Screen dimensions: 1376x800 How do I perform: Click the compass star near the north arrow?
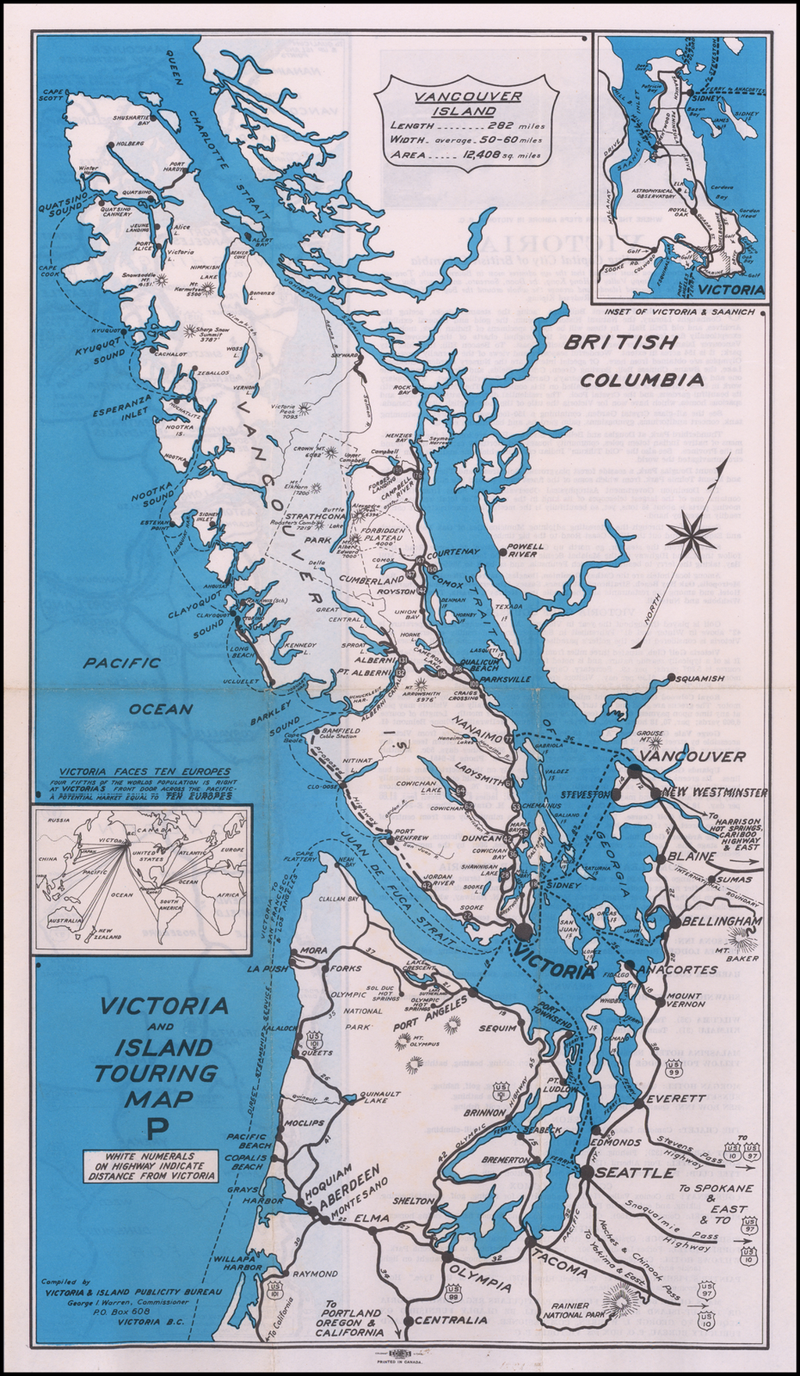[x=692, y=535]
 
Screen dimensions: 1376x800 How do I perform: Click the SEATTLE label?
[x=634, y=1174]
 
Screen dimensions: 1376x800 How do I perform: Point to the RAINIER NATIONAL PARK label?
[x=575, y=1310]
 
